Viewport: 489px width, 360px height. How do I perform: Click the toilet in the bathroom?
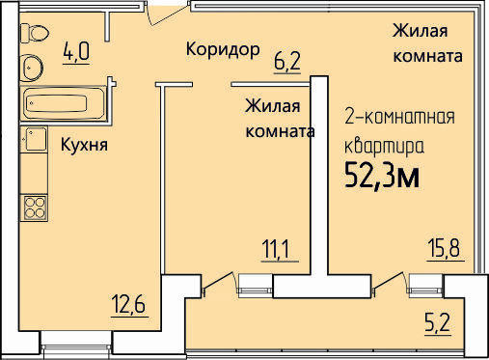pos(34,33)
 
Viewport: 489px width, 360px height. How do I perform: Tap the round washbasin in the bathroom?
pos(31,68)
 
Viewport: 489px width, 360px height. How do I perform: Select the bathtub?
pos(63,103)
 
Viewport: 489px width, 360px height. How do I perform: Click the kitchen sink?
pos(34,139)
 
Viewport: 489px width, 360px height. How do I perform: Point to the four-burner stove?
pos(34,208)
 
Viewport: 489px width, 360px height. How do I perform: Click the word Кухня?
pos(84,145)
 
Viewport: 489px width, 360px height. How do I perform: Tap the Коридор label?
pos(223,50)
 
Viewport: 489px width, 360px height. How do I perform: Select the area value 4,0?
pos(76,52)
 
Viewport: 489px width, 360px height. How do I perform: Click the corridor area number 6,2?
pos(287,61)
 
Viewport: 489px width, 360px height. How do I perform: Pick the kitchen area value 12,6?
pos(129,304)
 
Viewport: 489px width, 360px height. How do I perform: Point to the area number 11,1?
pos(280,249)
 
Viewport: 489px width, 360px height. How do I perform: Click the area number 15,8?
pos(446,248)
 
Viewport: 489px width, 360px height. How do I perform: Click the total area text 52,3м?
pos(382,176)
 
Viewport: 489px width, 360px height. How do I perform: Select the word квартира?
pos(384,147)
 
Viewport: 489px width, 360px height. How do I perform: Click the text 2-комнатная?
pos(399,117)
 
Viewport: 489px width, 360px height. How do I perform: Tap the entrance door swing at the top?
pos(167,13)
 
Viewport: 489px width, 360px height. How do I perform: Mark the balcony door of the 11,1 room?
pos(218,283)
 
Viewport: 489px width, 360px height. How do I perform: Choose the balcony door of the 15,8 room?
pos(389,283)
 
